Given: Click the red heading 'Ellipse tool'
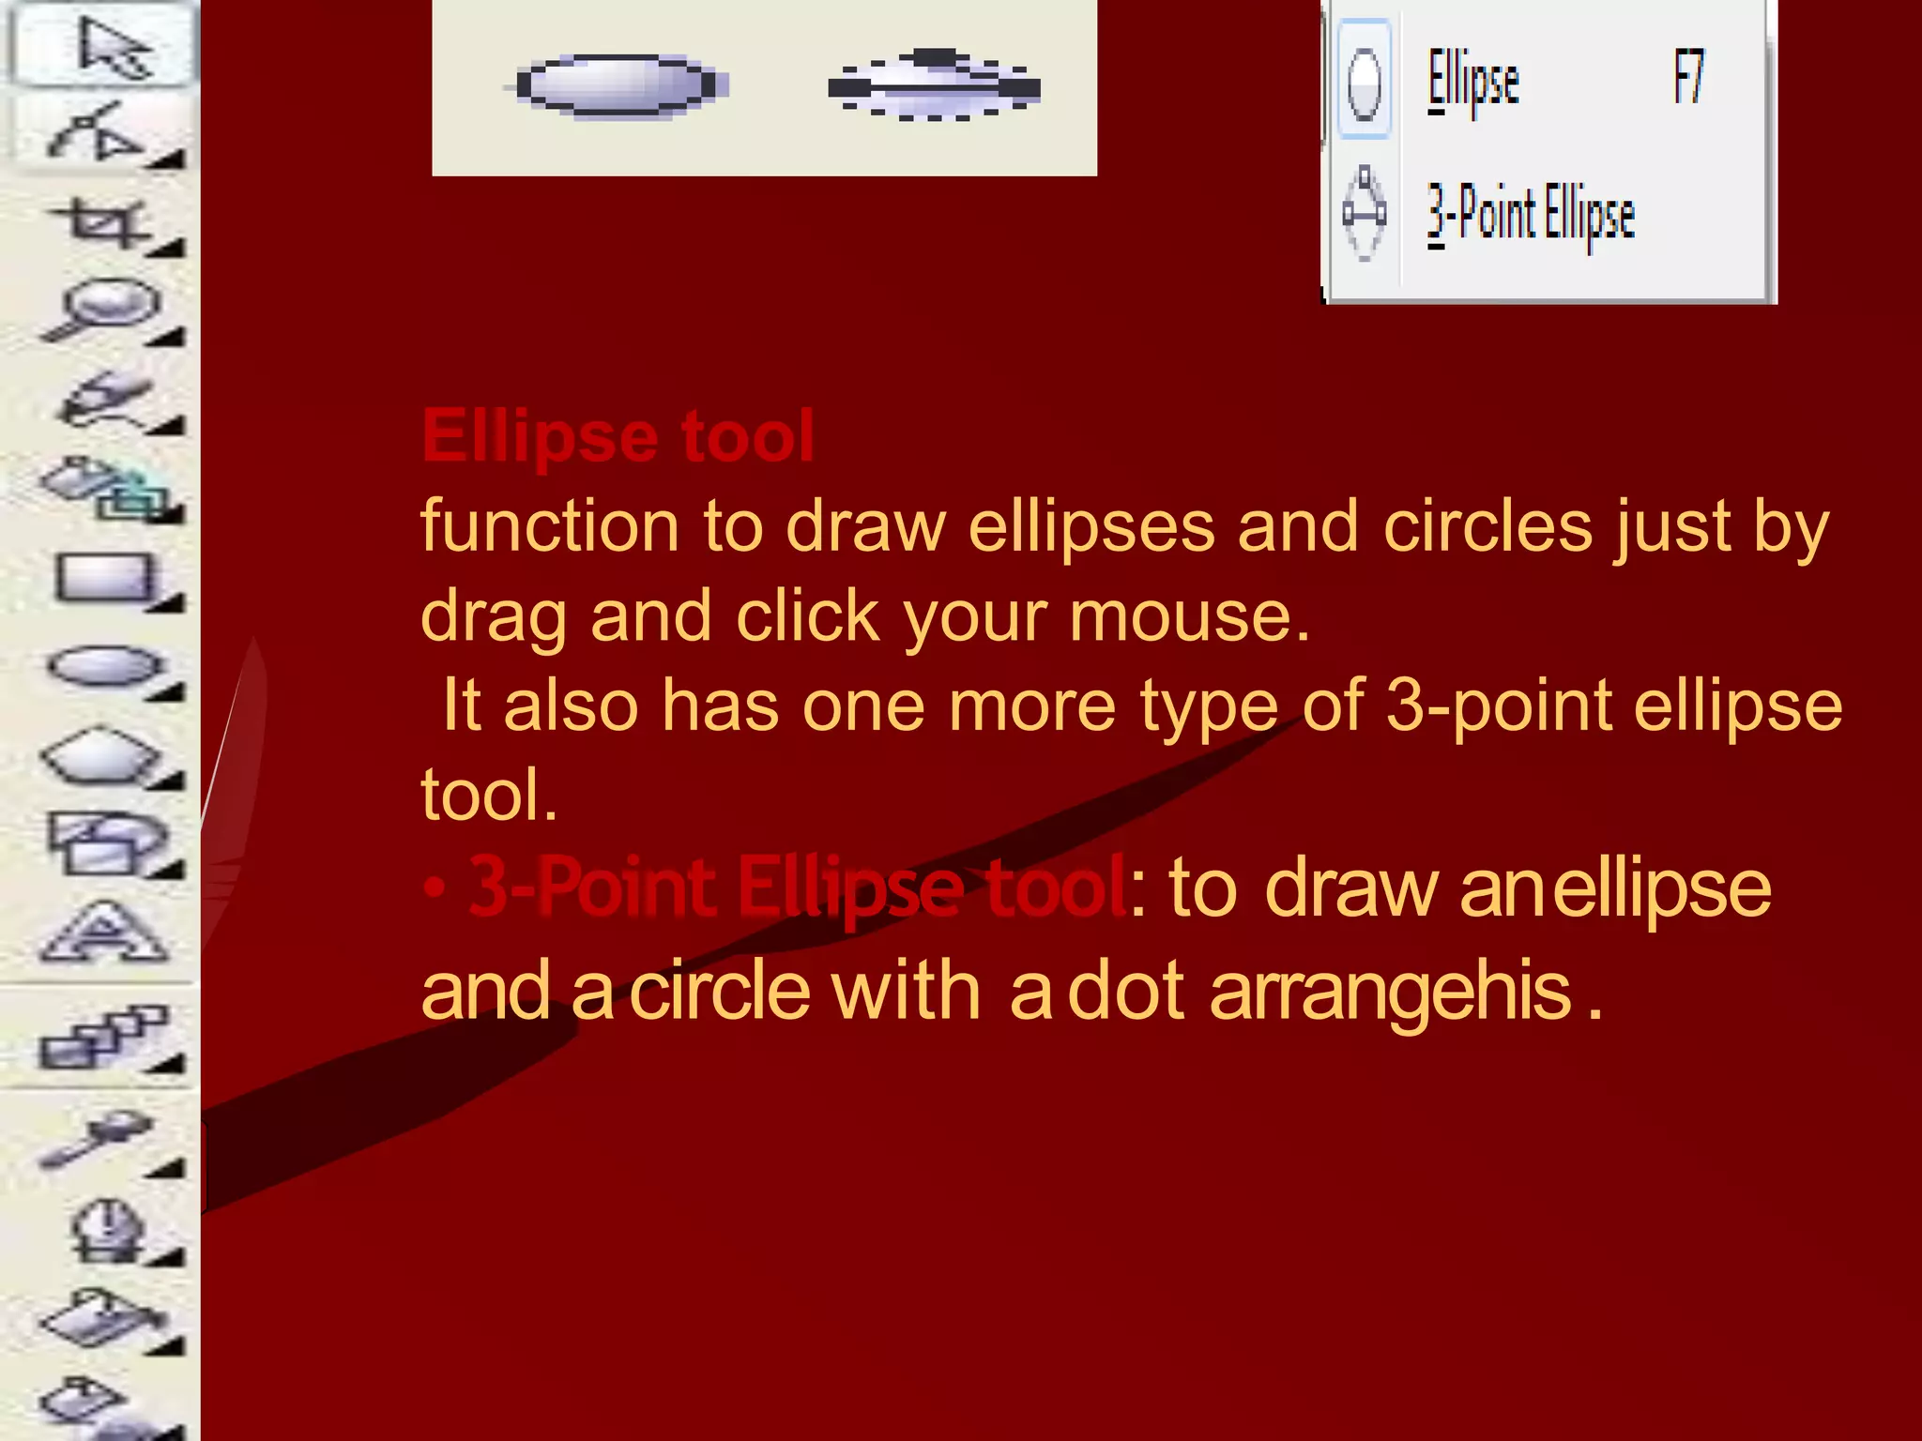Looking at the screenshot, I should click(x=618, y=436).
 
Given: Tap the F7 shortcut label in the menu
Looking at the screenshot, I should click(x=1688, y=78).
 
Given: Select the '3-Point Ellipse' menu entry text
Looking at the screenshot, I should click(x=1531, y=215).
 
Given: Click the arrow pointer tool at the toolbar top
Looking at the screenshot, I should click(x=111, y=47).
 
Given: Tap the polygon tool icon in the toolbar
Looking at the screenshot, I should click(x=105, y=755).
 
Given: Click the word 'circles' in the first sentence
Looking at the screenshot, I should click(x=1487, y=526).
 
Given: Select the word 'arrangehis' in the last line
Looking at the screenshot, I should click(x=1391, y=992).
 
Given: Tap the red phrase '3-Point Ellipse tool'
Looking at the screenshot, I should click(x=798, y=887).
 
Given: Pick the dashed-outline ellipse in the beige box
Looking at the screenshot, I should click(x=934, y=86).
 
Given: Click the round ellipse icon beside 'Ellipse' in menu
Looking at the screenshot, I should click(x=1363, y=83).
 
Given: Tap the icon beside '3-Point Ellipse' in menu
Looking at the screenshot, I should click(x=1364, y=214).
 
